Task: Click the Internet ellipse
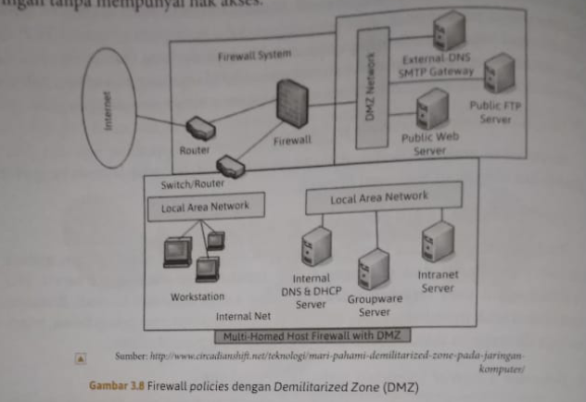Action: [x=108, y=107]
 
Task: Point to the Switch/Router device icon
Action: [x=229, y=166]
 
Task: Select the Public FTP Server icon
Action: [x=500, y=72]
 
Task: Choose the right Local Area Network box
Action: [x=379, y=197]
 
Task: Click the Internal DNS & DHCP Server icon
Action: [x=316, y=247]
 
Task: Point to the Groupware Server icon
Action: [x=373, y=269]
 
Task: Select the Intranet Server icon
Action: [x=438, y=243]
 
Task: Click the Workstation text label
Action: [x=197, y=296]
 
